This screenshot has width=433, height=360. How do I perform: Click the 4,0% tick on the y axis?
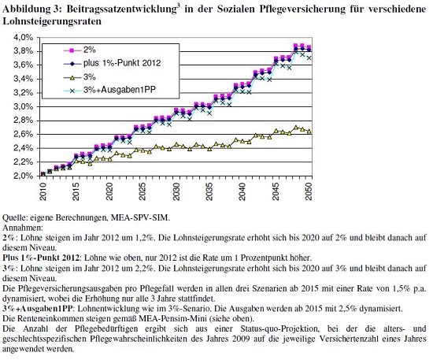pos(23,37)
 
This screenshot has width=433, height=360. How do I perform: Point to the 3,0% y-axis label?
pos(23,106)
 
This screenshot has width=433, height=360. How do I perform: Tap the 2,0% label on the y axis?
pos(23,176)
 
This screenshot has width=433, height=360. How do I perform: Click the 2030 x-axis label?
pos(176,191)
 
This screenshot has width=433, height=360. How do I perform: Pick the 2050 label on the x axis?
pos(309,191)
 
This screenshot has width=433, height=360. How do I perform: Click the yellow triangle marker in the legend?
pos(72,78)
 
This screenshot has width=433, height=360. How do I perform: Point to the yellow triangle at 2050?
pos(309,132)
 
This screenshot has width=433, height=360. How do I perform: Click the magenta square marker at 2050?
pos(309,47)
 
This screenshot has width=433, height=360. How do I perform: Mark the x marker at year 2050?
pos(309,58)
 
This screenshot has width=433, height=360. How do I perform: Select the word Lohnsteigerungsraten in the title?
pos(52,21)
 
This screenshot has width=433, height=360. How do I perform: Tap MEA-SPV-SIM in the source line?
pos(139,217)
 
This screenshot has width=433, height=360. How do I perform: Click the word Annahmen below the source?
pos(23,228)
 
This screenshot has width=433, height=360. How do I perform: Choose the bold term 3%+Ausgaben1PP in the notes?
pos(37,309)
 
